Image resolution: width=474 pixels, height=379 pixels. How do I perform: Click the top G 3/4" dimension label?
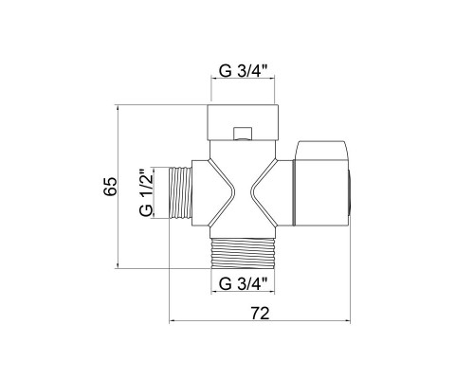[244, 71]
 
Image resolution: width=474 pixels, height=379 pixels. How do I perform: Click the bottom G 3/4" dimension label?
[244, 283]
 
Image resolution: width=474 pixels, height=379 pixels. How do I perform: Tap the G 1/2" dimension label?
[146, 192]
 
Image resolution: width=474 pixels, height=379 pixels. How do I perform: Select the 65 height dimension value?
[110, 187]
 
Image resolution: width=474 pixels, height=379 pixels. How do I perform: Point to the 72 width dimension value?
[261, 314]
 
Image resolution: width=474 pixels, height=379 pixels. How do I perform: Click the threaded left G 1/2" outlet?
[181, 192]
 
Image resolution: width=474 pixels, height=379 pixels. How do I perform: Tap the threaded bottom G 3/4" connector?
[243, 253]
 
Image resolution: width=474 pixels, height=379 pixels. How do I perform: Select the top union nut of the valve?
[243, 122]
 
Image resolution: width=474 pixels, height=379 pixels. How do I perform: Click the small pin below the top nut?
[243, 134]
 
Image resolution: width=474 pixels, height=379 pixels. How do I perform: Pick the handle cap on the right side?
[321, 184]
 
